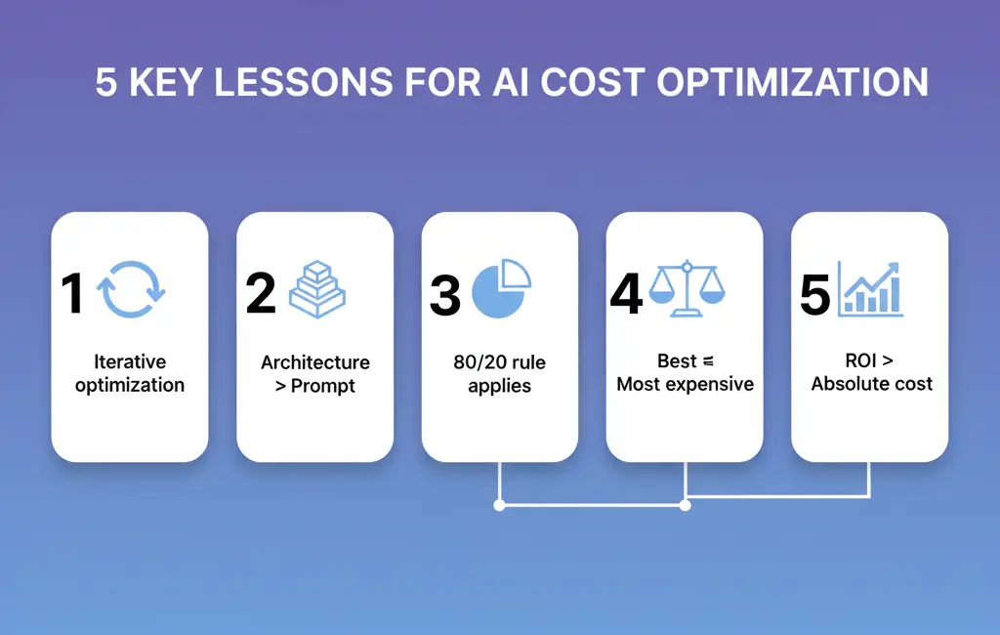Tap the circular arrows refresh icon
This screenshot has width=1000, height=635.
pos(131,262)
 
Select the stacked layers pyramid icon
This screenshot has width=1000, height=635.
pos(317,289)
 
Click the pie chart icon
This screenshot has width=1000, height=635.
pos(501,288)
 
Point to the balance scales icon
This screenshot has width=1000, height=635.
pos(687,288)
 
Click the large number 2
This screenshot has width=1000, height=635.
pos(261,293)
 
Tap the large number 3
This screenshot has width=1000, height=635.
pos(445,295)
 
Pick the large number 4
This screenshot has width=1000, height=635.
pos(626,294)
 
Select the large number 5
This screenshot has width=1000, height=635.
pos(815,294)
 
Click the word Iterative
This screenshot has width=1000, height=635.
pos(130,361)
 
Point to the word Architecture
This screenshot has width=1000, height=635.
pos(315,362)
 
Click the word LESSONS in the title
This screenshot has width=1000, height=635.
pos(304,82)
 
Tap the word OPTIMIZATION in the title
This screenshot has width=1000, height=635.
pos(792,82)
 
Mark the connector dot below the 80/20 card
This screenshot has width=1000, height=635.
pos(499,505)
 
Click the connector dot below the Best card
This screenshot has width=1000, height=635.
pos(685,505)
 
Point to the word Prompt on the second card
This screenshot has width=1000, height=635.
pos(322,386)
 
